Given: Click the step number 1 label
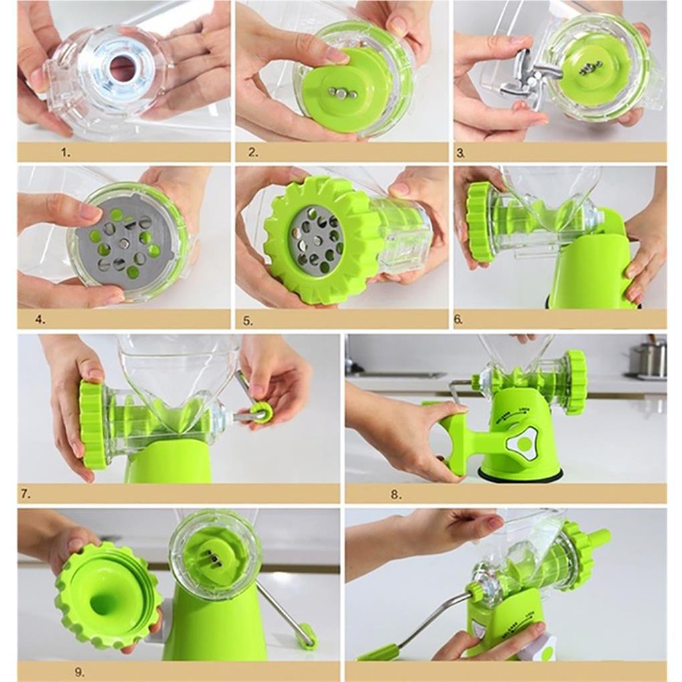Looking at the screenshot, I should click(x=65, y=152).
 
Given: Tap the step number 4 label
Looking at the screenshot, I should click(x=40, y=319).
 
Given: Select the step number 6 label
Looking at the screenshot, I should click(x=458, y=319).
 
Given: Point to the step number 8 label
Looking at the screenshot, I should click(x=396, y=495).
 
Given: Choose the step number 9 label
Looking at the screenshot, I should click(x=79, y=672).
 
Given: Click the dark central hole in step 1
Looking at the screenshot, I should click(x=122, y=68).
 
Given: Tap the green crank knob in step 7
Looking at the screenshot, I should click(x=261, y=413).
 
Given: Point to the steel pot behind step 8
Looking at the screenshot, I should click(x=649, y=359).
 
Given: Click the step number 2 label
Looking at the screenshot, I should click(x=253, y=152).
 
